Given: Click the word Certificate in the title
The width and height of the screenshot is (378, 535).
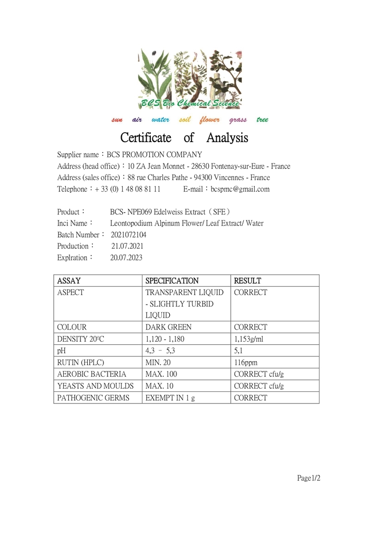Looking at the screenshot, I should click(146, 138).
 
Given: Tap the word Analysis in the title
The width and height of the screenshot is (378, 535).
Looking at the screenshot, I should click(227, 138).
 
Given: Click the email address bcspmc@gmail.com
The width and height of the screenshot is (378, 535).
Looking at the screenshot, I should click(240, 189).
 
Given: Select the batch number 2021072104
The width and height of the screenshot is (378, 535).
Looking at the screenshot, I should click(128, 235).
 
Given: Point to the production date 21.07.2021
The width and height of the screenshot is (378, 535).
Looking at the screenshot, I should click(127, 246).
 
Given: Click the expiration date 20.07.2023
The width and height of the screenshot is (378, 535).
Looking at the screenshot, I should click(126, 258).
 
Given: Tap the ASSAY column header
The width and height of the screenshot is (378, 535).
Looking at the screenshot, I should click(69, 281).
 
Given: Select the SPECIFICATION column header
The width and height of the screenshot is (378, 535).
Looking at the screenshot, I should click(172, 281).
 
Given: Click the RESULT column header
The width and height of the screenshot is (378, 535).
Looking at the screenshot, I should click(247, 281).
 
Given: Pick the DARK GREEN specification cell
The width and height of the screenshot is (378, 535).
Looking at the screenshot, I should click(169, 327).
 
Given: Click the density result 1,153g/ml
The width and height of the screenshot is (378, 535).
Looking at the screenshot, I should click(250, 339).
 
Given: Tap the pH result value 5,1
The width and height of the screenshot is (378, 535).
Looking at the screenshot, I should click(239, 351).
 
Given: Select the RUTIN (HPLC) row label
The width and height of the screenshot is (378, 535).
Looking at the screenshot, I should click(80, 363).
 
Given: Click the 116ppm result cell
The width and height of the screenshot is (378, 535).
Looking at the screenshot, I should click(245, 363).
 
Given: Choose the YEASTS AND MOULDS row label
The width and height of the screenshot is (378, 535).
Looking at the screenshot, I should click(96, 386).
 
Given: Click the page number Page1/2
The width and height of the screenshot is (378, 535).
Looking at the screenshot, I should click(309, 478).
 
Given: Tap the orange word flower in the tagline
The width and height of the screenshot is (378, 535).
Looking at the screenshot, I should click(209, 120).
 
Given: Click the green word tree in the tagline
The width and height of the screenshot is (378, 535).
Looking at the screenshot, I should click(262, 120).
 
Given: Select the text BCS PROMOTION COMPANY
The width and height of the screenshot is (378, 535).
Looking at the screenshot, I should click(155, 155).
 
